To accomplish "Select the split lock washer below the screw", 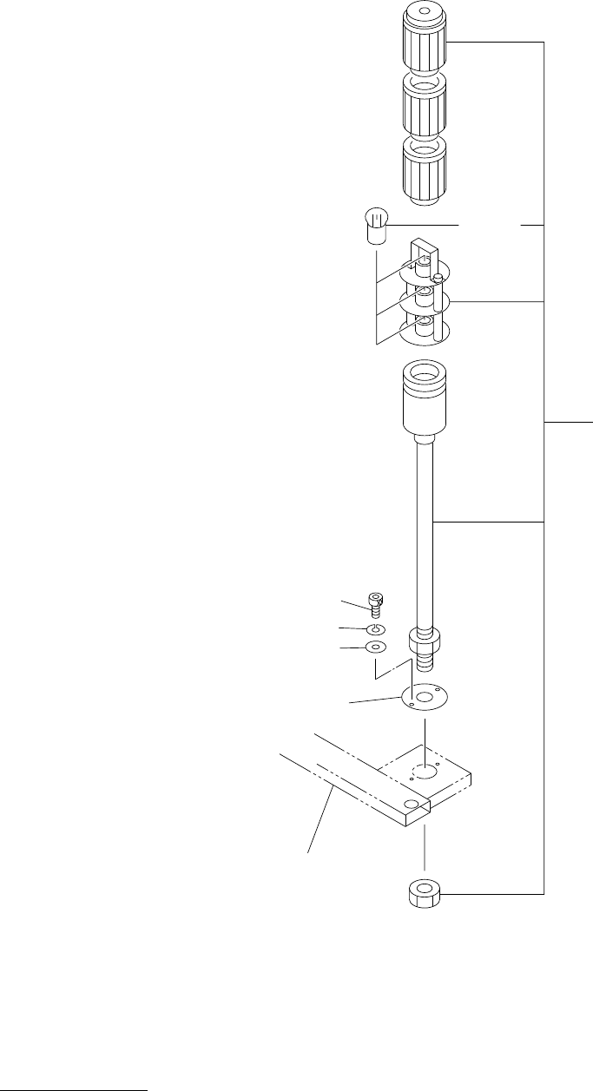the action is tap(375, 628).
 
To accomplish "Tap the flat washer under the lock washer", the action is tap(375, 647).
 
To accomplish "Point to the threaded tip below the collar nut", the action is tap(425, 665).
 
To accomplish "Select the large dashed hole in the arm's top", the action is tap(424, 772).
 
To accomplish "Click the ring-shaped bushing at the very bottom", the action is tap(424, 893).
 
